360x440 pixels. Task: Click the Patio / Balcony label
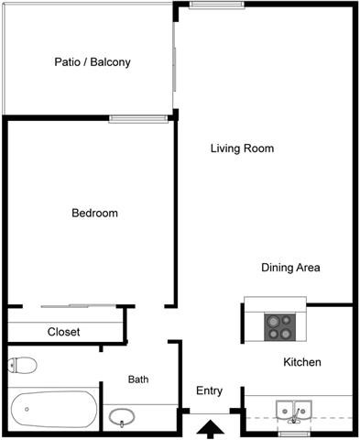[x=92, y=63]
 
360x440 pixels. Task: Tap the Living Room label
[x=242, y=148]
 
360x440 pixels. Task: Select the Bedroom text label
[x=94, y=214]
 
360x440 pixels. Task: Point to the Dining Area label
[x=289, y=268]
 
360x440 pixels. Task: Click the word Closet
[x=63, y=332]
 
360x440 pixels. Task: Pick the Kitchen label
[x=301, y=362]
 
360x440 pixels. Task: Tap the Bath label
[x=138, y=379]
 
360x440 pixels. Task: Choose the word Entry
[x=209, y=391]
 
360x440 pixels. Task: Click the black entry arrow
[x=210, y=427]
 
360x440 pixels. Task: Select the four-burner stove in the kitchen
[x=278, y=324]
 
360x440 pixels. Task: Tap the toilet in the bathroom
[x=23, y=366]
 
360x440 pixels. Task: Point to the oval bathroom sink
[x=122, y=418]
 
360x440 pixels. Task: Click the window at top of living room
[x=216, y=5]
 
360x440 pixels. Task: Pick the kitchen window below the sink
[x=295, y=434]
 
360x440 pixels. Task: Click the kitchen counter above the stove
[x=275, y=303]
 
